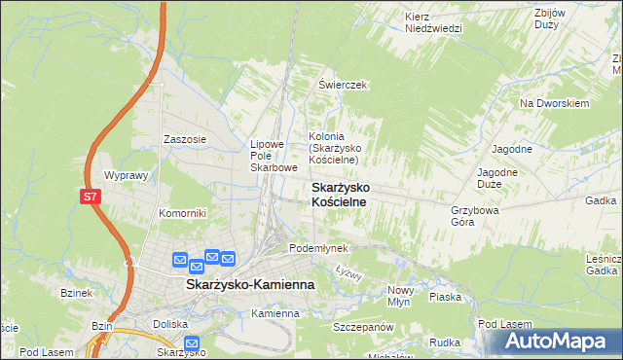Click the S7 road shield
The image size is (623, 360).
coord(90,197)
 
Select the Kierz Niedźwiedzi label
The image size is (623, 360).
coord(433,22)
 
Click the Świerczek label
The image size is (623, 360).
coord(342,85)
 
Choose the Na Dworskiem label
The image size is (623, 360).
coord(555,102)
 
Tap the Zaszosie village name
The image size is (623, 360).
coord(185,139)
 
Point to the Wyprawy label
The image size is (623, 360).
coord(125,176)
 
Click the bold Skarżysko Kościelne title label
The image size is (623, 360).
coord(338,193)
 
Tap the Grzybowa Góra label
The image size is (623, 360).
coord(475,215)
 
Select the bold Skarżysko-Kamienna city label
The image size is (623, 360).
coord(249,284)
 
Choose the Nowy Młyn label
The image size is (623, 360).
coord(401,296)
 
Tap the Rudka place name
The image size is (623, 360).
coord(444,342)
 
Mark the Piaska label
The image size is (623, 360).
coord(444,297)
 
